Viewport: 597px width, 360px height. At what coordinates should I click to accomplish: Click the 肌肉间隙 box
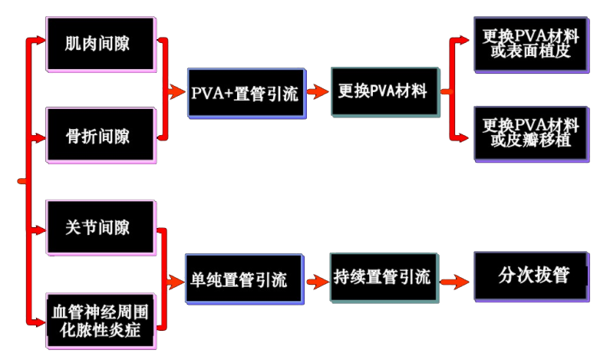click(x=101, y=43)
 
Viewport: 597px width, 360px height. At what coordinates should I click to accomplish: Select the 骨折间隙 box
click(x=101, y=136)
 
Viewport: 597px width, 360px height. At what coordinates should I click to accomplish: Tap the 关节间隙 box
click(x=101, y=227)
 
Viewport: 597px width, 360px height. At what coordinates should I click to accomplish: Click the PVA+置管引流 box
click(x=246, y=93)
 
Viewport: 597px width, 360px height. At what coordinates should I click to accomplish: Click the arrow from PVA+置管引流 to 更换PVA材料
click(x=317, y=92)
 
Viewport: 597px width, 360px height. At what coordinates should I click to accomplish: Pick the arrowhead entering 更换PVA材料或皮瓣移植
click(x=464, y=137)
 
